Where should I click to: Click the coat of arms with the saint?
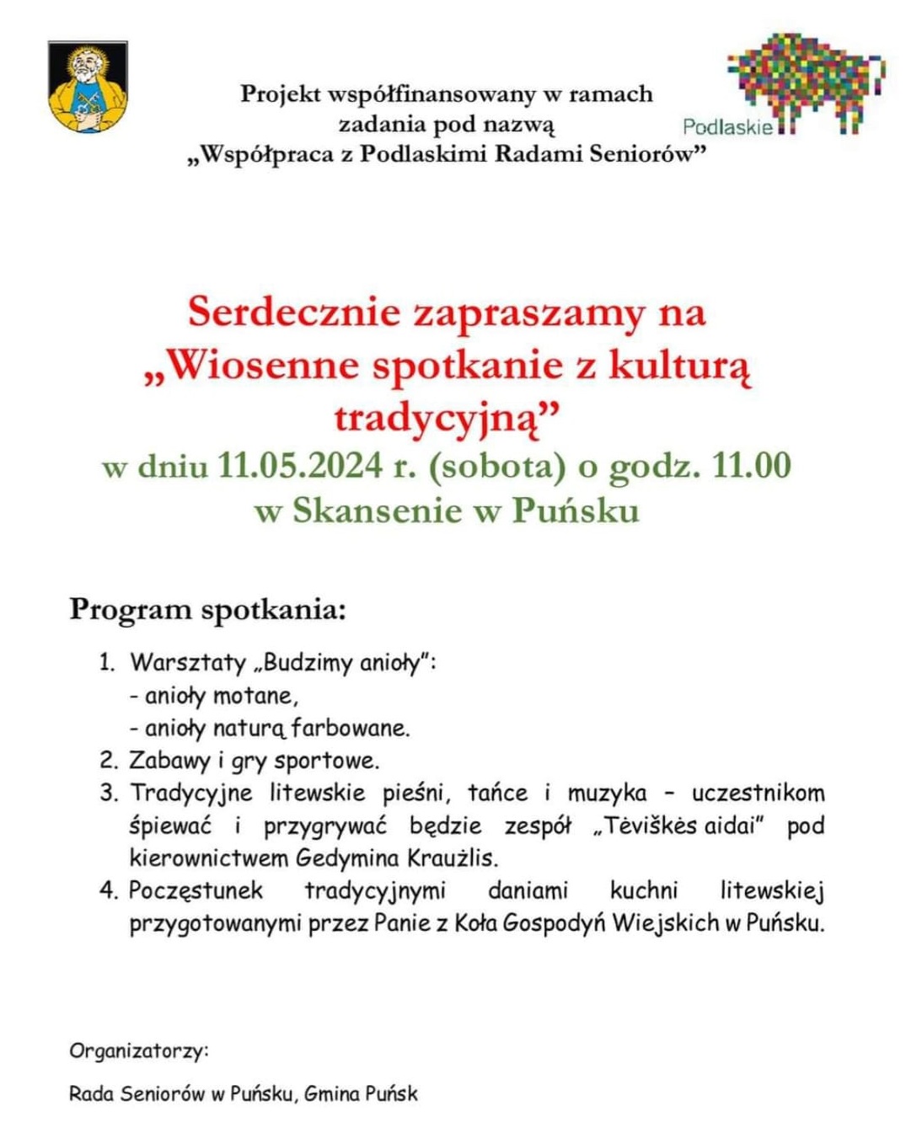pos(88,87)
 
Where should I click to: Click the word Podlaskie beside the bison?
pos(727,127)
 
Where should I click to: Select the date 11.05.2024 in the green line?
pos(300,466)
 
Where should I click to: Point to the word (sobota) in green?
pos(497,466)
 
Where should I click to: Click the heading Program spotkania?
pos(207,609)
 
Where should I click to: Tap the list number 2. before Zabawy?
pos(108,761)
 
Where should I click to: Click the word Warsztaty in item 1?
pos(187,662)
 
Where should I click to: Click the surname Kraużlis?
pos(453,858)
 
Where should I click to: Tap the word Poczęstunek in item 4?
pos(196,890)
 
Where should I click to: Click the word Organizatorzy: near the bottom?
pos(138,1051)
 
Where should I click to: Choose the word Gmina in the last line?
pos(332,1094)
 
